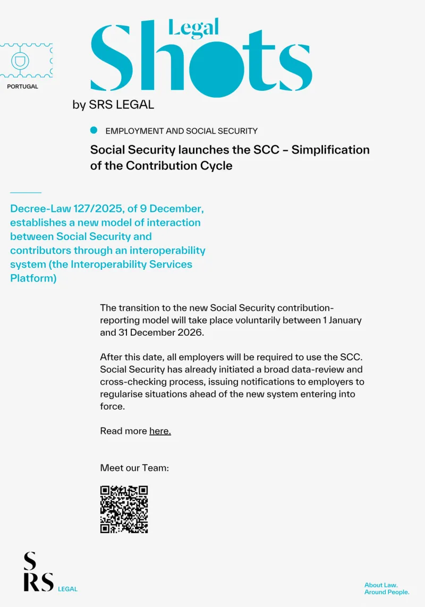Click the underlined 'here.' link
point(160,431)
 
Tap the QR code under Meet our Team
point(124,509)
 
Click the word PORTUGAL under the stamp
point(22,87)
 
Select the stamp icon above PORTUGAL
point(20,61)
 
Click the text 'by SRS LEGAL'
point(113,105)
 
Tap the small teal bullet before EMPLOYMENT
point(94,130)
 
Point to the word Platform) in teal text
point(33,278)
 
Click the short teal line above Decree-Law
point(25,192)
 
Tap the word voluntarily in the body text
point(262,321)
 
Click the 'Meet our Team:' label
point(134,468)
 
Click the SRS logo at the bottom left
point(38,572)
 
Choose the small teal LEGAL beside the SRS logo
point(67,589)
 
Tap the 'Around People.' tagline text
point(387,592)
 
